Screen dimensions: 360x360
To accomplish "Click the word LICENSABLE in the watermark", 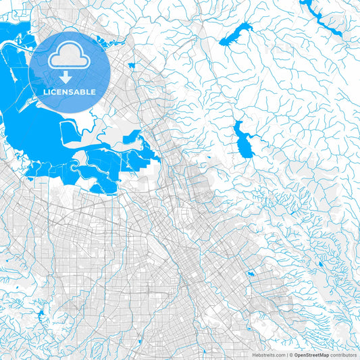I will pos(70,92).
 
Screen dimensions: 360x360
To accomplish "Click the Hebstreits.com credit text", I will pos(267,354).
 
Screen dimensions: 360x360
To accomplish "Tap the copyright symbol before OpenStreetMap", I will pos(291,354).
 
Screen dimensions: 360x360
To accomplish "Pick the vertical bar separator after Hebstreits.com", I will pos(286,354).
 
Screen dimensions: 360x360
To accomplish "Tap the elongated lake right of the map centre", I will pos(242,140).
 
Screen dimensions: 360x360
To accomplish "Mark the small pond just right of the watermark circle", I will pos(131,66).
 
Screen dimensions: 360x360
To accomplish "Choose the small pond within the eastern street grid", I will pos(251,274).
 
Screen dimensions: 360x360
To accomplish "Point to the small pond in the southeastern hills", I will pos(322,264).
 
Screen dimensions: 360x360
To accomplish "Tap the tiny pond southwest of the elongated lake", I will pos(208,158).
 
